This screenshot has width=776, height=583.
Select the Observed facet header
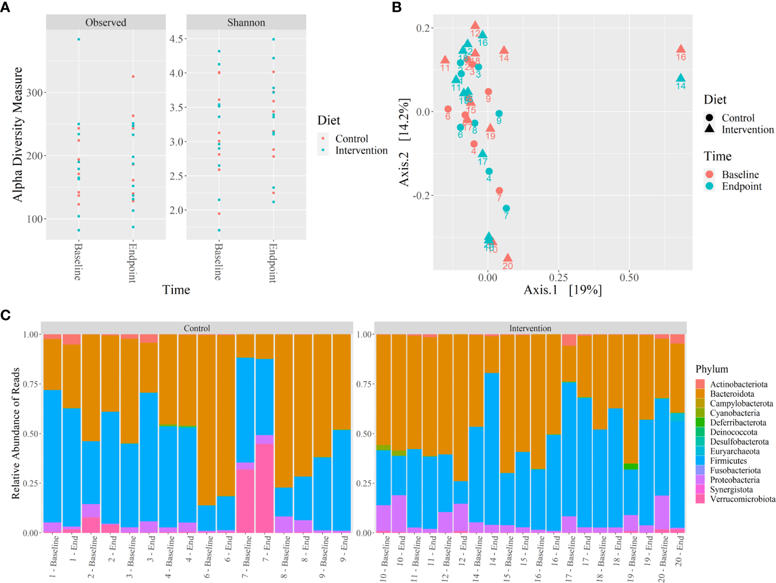point(106,22)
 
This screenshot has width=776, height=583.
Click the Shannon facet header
point(246,22)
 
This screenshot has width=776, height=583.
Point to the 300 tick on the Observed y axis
point(35,93)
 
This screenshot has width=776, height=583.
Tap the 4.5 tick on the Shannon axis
point(177,39)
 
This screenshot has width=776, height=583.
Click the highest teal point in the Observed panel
point(79,39)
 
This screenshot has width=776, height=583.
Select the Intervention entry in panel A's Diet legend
point(361,150)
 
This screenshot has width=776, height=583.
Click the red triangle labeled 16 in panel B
point(680,49)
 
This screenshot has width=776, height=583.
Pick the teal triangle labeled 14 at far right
point(680,78)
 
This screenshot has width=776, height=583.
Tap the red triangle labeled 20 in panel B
point(508,258)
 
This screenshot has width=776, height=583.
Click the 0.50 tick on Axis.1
point(629,278)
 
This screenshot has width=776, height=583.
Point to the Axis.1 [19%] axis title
point(562,290)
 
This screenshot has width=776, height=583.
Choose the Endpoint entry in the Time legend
point(742,186)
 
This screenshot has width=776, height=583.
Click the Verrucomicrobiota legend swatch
point(700,499)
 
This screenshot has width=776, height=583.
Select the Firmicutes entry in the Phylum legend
point(728,461)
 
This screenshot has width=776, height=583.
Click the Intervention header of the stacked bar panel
point(530,328)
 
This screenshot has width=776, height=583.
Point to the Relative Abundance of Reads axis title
point(15,433)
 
